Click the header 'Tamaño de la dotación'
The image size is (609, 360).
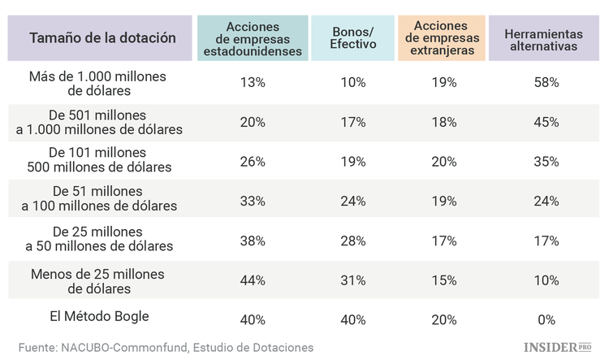pos(102,37)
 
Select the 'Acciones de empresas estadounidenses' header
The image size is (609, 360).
pos(253,37)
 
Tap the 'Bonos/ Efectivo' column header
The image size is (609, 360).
pos(353,37)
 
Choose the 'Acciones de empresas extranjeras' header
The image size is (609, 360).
pos(443,37)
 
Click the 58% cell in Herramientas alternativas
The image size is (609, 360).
pos(546,83)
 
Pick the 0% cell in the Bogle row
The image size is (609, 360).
pos(546,319)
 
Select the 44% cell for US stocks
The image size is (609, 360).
pos(253,280)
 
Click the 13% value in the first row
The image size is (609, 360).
pos(253,83)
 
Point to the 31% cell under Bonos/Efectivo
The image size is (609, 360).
pos(353,280)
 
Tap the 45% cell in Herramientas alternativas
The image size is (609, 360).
pos(546,123)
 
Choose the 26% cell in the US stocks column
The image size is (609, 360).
pos(253,162)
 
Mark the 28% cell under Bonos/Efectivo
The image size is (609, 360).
pos(353,241)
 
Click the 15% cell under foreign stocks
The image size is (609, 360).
pos(443,280)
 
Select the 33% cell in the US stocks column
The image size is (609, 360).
pos(253,202)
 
